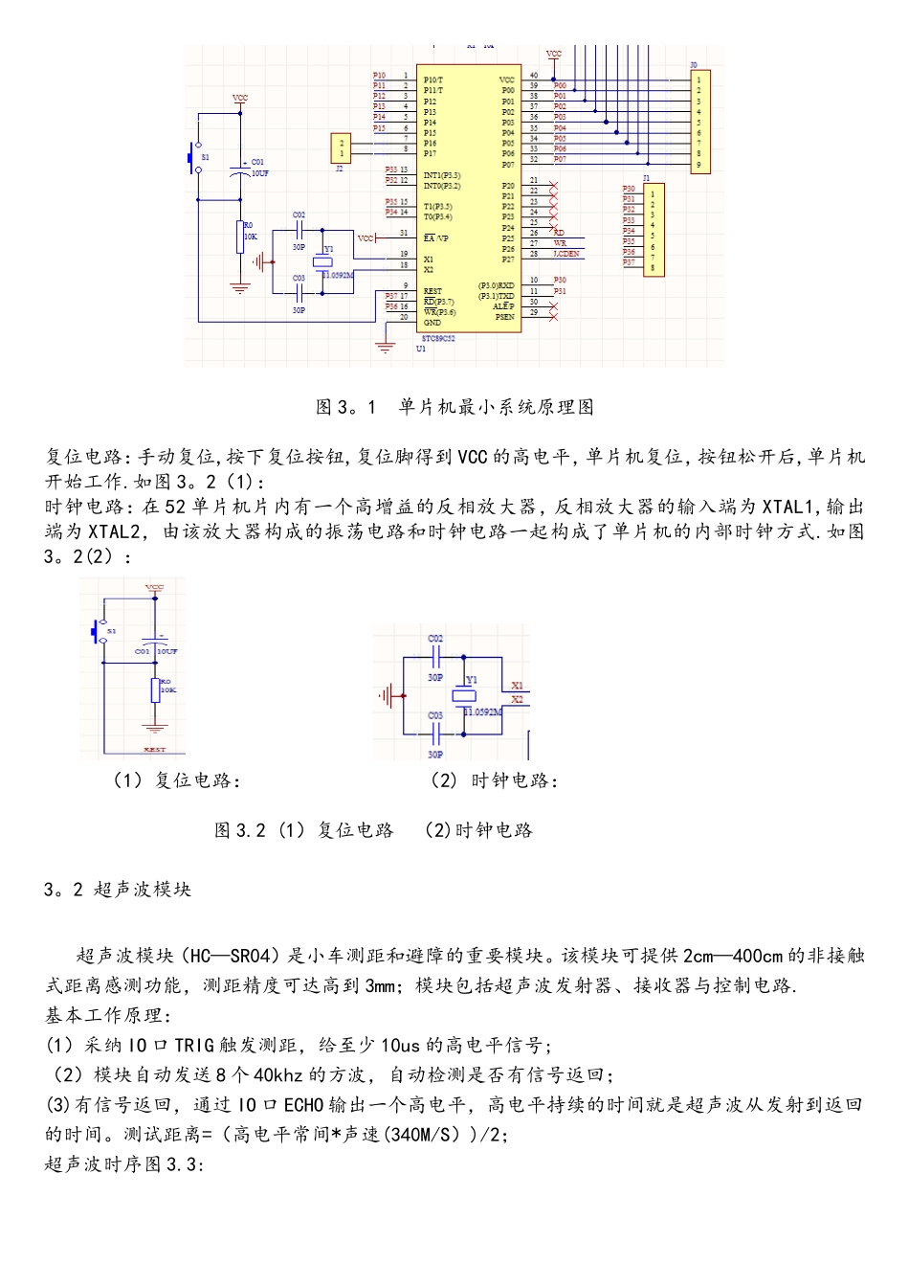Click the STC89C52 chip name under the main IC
click(x=438, y=338)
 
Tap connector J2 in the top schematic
click(x=340, y=148)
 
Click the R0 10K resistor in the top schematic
click(x=240, y=236)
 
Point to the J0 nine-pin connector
click(x=699, y=121)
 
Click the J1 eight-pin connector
click(x=654, y=229)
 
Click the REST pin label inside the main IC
click(x=432, y=291)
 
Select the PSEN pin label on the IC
click(x=504, y=317)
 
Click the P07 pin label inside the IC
click(x=508, y=164)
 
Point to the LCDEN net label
click(x=566, y=254)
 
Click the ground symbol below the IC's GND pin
click(x=385, y=347)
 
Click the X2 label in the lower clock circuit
click(x=517, y=699)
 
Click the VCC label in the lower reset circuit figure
click(x=154, y=588)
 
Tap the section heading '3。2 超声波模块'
click(x=118, y=890)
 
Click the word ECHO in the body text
click(x=303, y=1105)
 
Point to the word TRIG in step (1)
click(x=194, y=1046)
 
